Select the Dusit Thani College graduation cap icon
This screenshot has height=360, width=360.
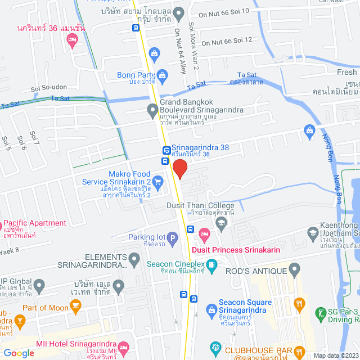[x=221, y=223]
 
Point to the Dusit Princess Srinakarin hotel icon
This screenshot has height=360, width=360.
[x=205, y=233]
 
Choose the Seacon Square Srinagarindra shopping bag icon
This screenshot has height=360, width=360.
[x=211, y=308]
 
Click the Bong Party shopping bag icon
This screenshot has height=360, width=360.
[x=162, y=75]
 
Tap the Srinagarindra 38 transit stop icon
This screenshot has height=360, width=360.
[x=166, y=150]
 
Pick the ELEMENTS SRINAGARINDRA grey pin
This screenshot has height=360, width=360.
[x=134, y=260]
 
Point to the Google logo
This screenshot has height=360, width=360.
[x=19, y=353]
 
